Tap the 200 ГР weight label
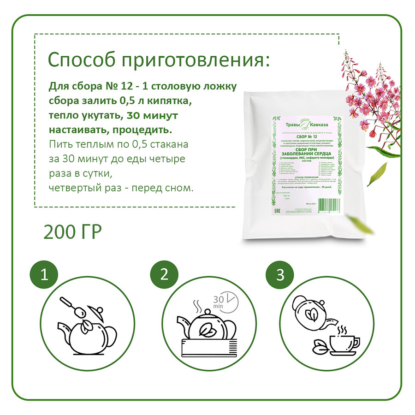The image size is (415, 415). (x=72, y=232)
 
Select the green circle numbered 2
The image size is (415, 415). (x=164, y=275)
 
